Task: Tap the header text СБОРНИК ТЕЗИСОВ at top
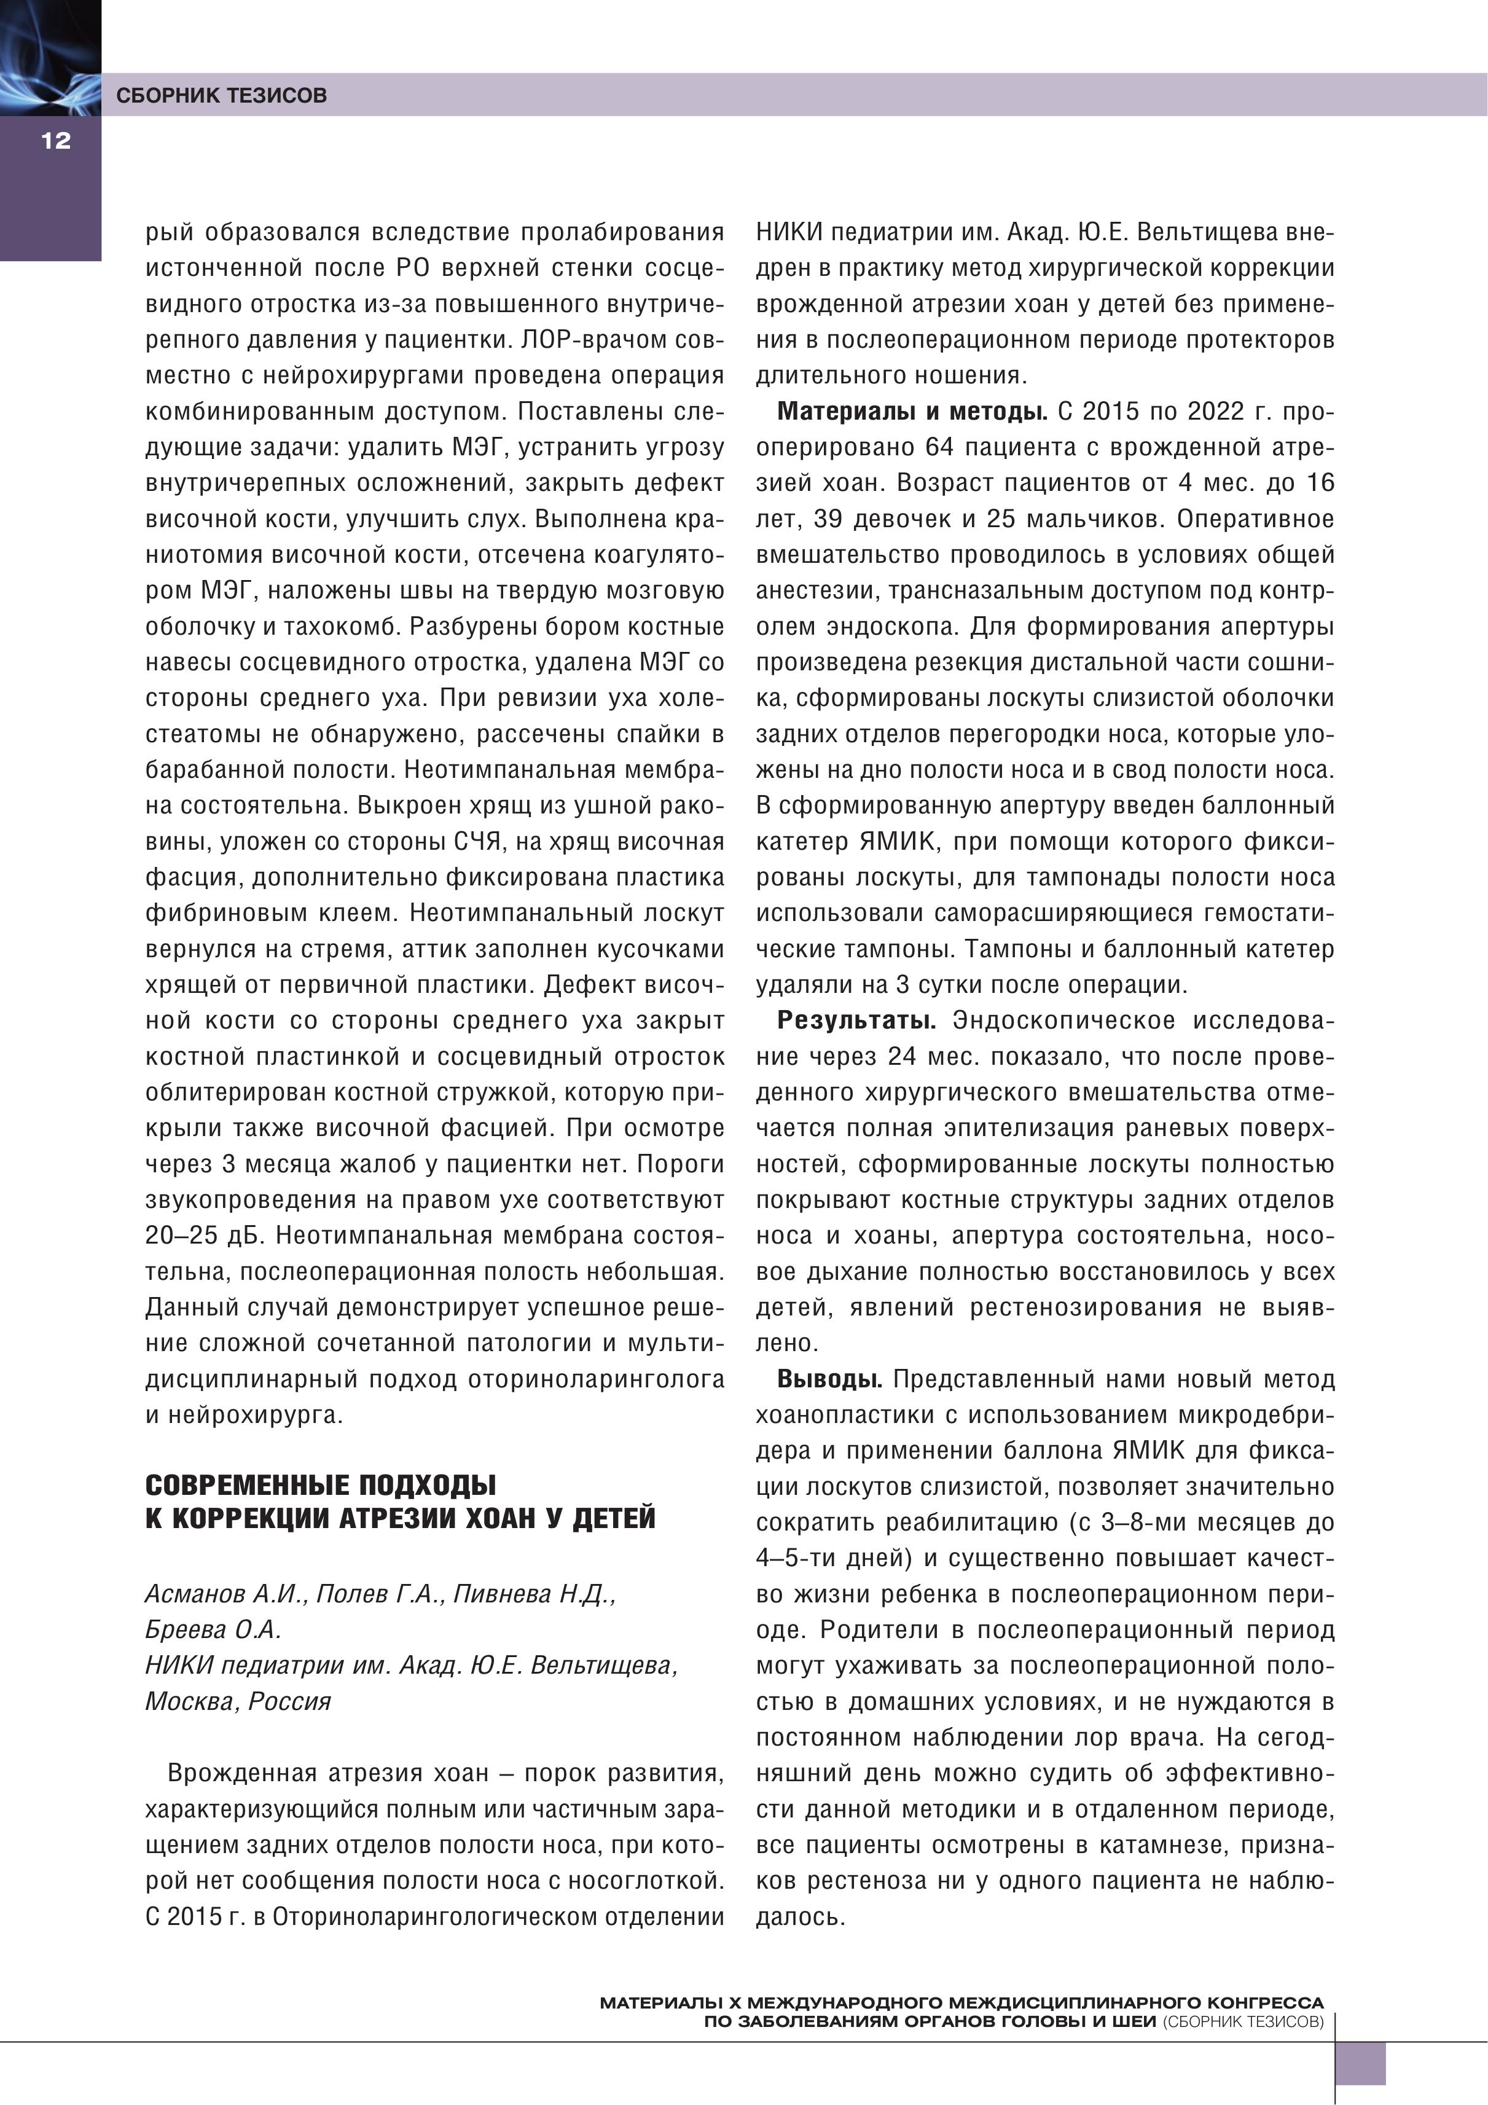tap(221, 95)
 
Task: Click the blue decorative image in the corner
tap(50, 57)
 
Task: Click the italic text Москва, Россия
tap(238, 1701)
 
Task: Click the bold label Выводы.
tap(830, 1379)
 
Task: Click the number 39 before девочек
tap(828, 519)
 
